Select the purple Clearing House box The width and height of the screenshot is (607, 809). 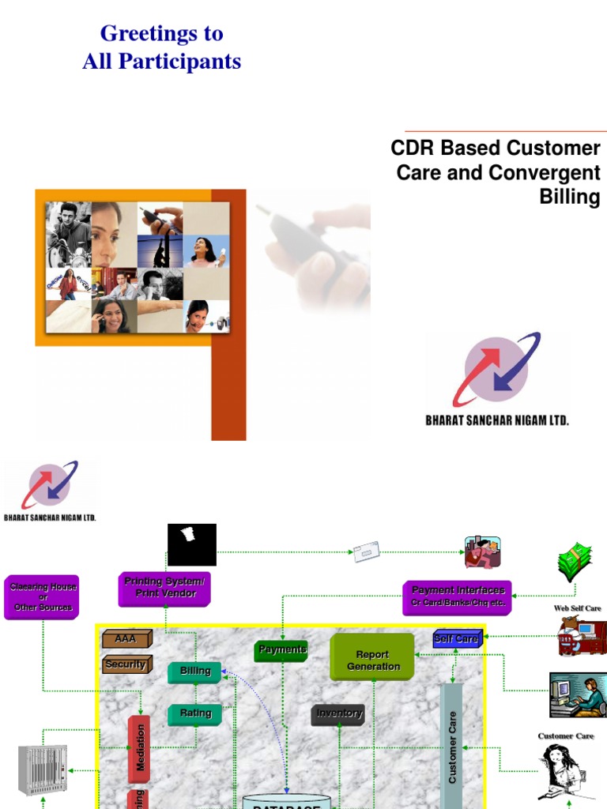[x=42, y=597]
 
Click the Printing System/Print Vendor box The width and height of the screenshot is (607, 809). [x=164, y=589]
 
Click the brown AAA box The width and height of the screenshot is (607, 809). [x=126, y=639]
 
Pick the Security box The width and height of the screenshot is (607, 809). [x=126, y=664]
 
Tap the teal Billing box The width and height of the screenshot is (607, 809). [x=195, y=672]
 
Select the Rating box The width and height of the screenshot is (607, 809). [x=195, y=714]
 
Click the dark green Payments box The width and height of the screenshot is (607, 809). [x=281, y=650]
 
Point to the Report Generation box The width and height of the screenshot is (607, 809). [x=372, y=657]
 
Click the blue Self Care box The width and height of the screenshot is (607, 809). [x=456, y=639]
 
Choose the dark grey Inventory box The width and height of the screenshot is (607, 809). [x=338, y=714]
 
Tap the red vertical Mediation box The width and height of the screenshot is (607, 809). [x=139, y=747]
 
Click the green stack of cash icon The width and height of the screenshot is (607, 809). [x=575, y=562]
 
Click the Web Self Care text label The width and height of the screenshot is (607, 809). [x=577, y=608]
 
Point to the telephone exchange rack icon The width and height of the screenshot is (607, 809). [x=43, y=769]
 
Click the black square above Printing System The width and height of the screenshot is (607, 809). [x=191, y=544]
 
